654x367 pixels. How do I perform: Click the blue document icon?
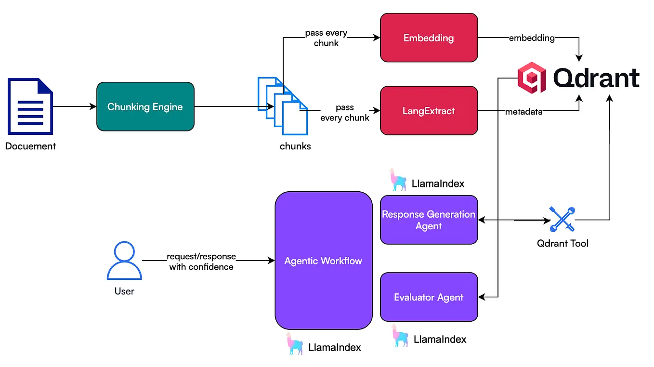pos(30,106)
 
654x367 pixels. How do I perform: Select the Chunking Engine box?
pos(145,106)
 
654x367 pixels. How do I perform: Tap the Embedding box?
pos(429,38)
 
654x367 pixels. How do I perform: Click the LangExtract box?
pos(429,111)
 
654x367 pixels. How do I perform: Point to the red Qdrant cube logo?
pos(532,77)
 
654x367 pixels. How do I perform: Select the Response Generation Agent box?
pos(429,220)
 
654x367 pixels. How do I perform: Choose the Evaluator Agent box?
pos(429,297)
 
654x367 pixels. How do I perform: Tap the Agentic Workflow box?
pos(323,261)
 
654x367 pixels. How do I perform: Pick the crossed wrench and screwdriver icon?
pos(562,220)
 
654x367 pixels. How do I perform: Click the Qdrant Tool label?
pos(562,243)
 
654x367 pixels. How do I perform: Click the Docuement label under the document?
pos(30,146)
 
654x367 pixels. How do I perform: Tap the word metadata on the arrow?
pos(523,112)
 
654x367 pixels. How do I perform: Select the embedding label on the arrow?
pos(532,38)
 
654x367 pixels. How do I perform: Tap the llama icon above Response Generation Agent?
pos(398,180)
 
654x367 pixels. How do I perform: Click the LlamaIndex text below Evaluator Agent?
pos(440,339)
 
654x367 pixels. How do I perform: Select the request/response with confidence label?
pos(201,262)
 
